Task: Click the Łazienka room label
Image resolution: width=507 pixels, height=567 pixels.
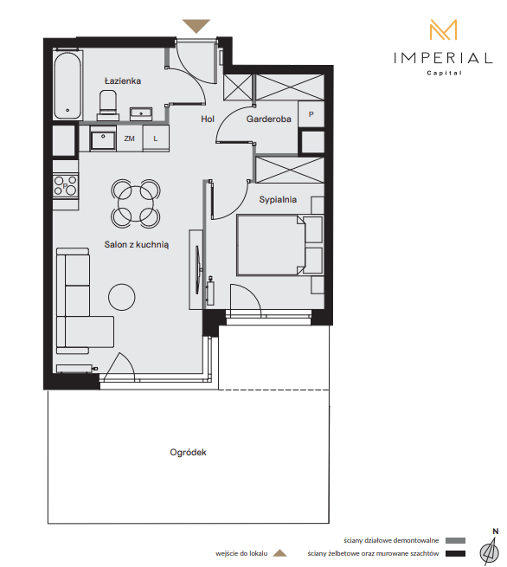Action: point(123,81)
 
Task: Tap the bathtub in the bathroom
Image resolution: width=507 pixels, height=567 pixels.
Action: point(67,86)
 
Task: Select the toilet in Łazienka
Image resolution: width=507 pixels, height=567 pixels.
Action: point(107,106)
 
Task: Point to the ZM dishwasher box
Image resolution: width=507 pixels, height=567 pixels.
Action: point(130,139)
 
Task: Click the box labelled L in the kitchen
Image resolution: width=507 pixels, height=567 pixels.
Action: point(156,139)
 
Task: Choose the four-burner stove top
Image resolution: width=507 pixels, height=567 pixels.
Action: point(66,186)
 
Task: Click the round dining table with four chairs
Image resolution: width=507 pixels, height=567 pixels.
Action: point(136,203)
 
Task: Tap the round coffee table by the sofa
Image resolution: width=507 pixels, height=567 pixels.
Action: point(122,297)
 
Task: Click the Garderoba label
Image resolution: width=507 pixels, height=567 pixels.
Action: point(268,119)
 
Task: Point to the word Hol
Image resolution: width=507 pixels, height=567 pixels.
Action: point(208,119)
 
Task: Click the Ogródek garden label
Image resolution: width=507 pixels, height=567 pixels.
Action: point(188,453)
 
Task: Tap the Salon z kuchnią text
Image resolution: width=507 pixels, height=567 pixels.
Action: point(136,244)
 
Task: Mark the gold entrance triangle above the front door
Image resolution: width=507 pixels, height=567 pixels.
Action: point(196,26)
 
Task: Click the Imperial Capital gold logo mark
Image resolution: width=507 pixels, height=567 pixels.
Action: point(443,29)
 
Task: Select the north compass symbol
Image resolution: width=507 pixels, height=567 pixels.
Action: point(491,549)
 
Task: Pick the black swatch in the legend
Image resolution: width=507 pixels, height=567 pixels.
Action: point(455,553)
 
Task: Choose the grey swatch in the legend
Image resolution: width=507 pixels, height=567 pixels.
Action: point(455,541)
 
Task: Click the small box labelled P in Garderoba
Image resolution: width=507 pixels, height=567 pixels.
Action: point(311,114)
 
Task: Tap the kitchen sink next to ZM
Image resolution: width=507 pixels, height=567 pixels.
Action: point(103,139)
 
